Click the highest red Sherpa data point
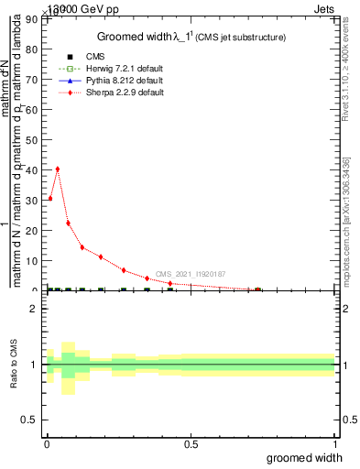pyautogui.click(x=58, y=169)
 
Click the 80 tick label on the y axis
pyautogui.click(x=35, y=49)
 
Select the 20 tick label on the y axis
pyautogui.click(x=35, y=231)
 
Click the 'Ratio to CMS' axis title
pyautogui.click(x=14, y=365)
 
